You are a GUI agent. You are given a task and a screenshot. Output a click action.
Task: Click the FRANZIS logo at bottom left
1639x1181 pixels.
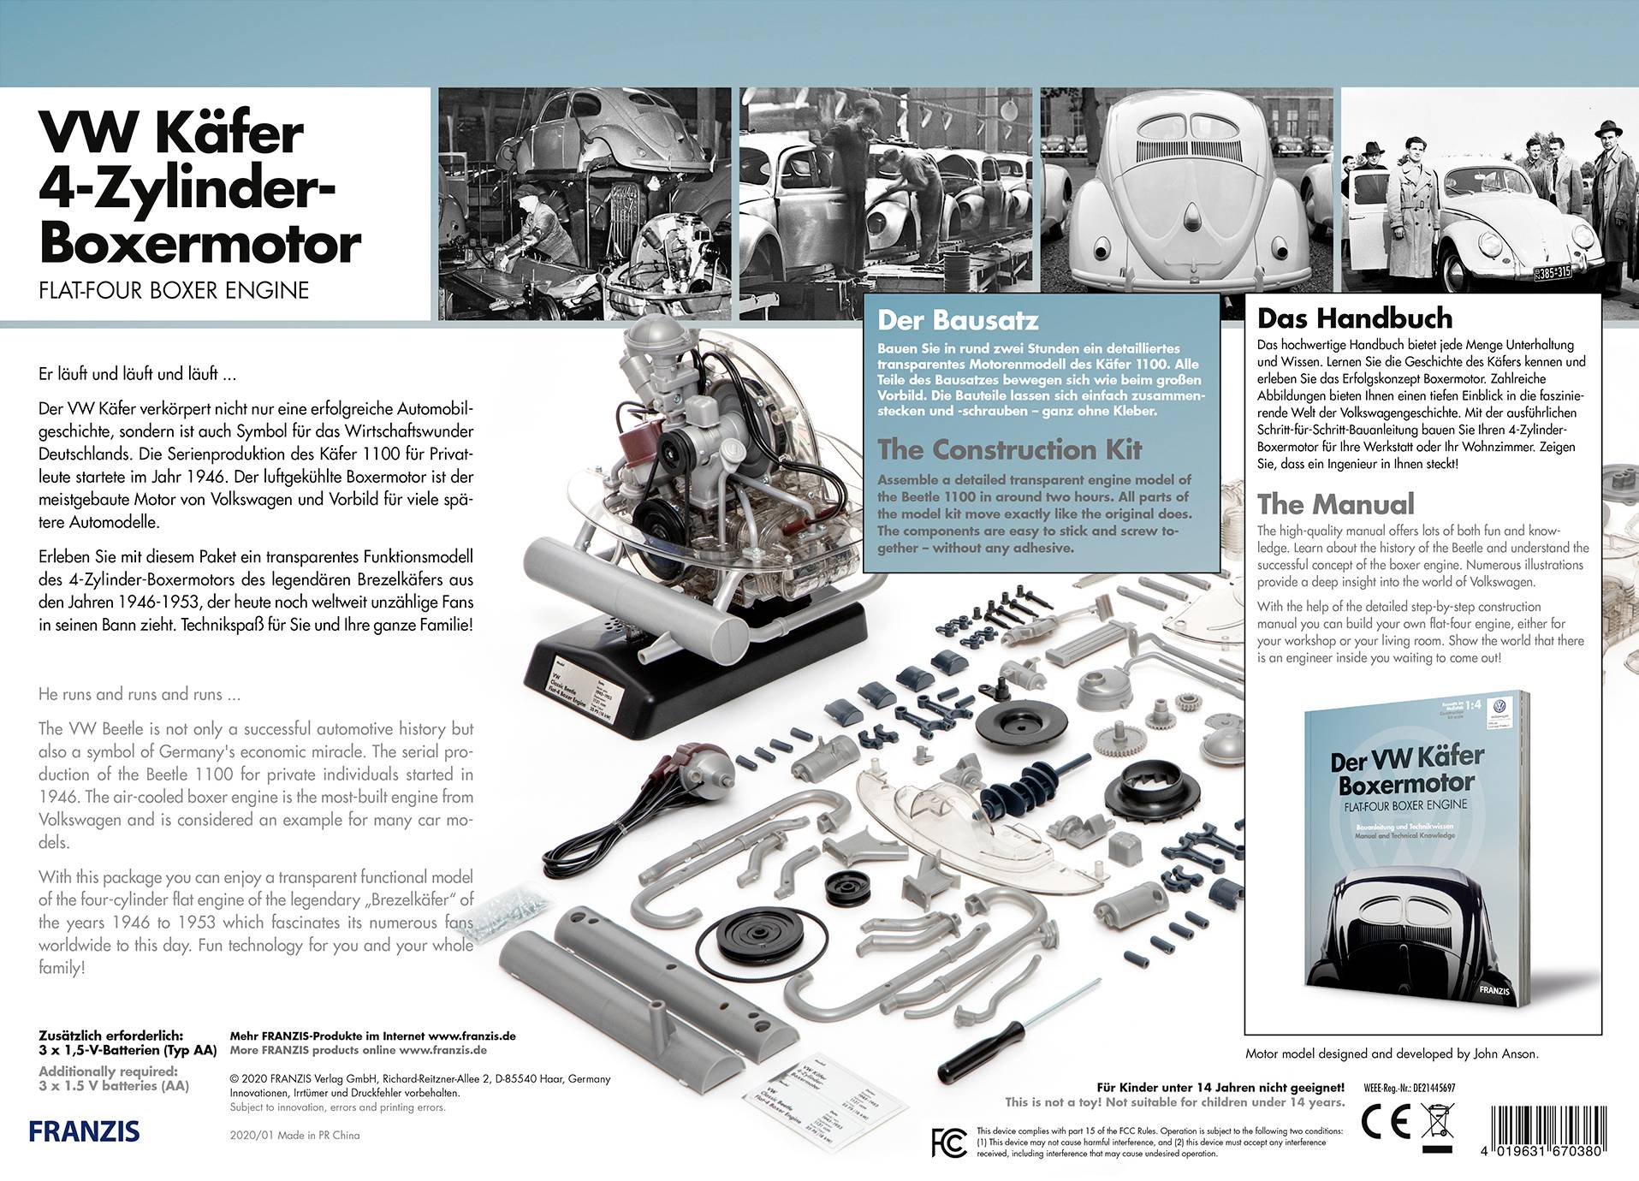coord(84,1131)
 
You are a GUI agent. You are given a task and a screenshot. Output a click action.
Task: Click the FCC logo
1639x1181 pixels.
coord(948,1142)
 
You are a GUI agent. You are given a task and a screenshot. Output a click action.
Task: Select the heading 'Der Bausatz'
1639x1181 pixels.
coord(958,321)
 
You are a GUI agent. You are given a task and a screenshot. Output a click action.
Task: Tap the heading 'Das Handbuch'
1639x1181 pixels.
coord(1354,318)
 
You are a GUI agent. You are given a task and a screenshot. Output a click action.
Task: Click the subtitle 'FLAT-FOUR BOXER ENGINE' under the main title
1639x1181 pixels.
coord(174,290)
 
